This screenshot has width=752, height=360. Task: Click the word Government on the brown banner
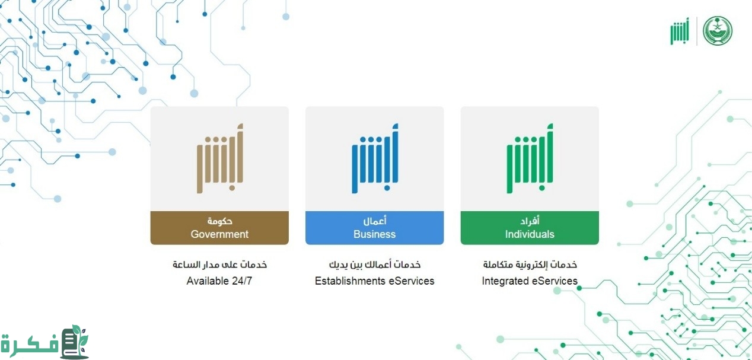click(x=219, y=234)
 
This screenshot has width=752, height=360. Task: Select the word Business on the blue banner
click(x=374, y=234)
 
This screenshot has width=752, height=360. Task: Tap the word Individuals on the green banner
click(x=530, y=234)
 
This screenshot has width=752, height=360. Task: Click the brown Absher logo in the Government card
click(x=220, y=158)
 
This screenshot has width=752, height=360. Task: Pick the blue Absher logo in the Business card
click(x=375, y=158)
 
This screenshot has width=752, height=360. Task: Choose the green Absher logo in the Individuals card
click(x=530, y=158)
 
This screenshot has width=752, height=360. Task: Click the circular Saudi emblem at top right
click(x=718, y=31)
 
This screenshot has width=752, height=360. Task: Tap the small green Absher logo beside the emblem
click(x=680, y=31)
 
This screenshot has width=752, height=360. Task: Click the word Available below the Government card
click(x=207, y=281)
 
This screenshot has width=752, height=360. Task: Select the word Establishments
click(x=350, y=281)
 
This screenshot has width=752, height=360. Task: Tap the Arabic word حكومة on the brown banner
click(x=219, y=221)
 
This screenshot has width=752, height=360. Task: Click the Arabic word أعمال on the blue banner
click(x=375, y=221)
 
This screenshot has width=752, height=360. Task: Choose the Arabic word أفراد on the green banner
click(x=530, y=221)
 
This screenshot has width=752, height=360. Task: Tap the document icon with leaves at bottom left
click(x=74, y=342)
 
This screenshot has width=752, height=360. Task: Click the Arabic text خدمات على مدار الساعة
click(x=219, y=265)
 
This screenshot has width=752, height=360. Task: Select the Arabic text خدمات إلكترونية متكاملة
click(x=530, y=265)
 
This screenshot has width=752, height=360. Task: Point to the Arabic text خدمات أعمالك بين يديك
click(x=375, y=265)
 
